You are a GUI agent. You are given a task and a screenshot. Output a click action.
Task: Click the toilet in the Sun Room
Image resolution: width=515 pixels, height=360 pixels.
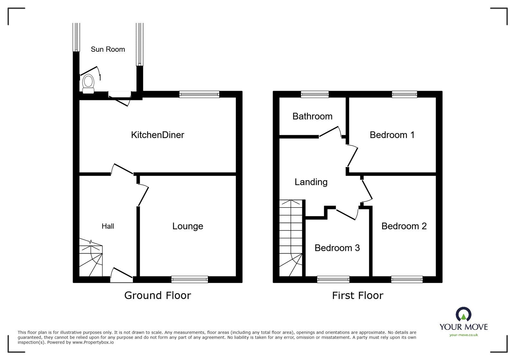click(88, 83)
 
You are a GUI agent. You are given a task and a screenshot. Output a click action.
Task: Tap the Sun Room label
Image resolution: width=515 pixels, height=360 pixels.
click(108, 49)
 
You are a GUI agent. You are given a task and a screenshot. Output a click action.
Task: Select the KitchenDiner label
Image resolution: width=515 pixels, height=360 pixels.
click(157, 135)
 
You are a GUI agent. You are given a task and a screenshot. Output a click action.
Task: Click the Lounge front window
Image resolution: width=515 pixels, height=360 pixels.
click(190, 279)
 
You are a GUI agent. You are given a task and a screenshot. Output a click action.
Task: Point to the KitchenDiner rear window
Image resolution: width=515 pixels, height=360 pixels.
click(199, 94)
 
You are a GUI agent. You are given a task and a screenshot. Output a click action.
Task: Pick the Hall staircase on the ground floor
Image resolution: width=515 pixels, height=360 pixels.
click(90, 258)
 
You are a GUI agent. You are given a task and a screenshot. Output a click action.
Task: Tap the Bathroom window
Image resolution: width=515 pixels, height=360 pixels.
click(315, 94)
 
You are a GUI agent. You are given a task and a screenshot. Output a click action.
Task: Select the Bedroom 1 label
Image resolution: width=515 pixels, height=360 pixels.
click(392, 135)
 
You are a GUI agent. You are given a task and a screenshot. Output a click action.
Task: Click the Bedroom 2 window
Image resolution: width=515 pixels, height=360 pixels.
click(407, 279)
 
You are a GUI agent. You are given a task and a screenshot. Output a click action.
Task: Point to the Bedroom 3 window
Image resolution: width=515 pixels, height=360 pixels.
click(333, 279)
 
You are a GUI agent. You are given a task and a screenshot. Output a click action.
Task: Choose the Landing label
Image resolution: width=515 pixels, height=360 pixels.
click(311, 182)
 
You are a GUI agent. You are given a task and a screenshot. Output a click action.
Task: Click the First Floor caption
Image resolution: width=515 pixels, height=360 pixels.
click(358, 295)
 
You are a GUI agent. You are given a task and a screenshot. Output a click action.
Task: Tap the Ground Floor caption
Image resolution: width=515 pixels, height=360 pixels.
click(157, 295)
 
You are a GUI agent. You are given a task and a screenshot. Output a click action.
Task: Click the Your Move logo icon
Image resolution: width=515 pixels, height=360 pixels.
click(464, 315)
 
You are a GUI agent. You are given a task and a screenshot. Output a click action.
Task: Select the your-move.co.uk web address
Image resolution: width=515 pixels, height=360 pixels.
click(464, 335)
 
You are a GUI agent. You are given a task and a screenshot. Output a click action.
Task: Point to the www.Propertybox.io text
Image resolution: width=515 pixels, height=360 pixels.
click(93, 342)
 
